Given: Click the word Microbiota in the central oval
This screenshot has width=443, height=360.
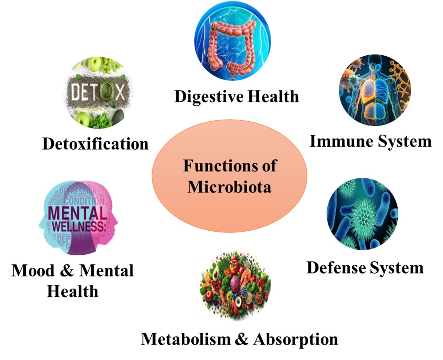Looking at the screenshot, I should [229, 187].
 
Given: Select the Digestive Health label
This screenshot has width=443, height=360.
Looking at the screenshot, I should [236, 97].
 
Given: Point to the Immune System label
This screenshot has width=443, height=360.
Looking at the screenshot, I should [370, 141].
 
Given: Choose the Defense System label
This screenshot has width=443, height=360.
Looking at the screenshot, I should [365, 268].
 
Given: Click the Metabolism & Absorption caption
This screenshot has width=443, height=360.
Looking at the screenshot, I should [239, 339].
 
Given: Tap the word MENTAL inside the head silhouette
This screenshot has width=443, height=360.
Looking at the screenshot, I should [77, 213].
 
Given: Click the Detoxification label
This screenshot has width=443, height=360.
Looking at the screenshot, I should [95, 144].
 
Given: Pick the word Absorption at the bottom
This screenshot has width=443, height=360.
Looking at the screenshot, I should [296, 339].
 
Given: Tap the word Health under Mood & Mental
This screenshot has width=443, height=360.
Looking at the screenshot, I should [72, 291].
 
